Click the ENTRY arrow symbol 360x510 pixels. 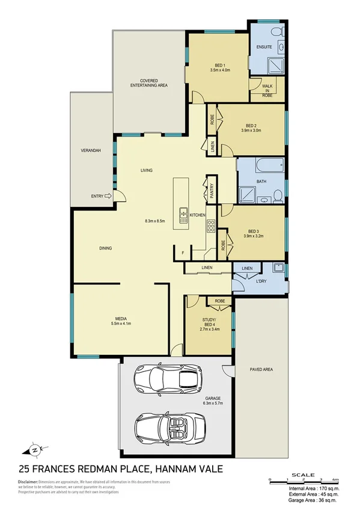(x=108, y=195)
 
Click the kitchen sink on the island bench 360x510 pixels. (x=182, y=215)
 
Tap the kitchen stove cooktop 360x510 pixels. (x=212, y=226)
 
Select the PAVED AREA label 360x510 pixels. (x=261, y=369)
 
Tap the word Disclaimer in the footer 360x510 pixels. (x=28, y=482)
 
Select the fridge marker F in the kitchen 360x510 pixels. (x=174, y=253)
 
